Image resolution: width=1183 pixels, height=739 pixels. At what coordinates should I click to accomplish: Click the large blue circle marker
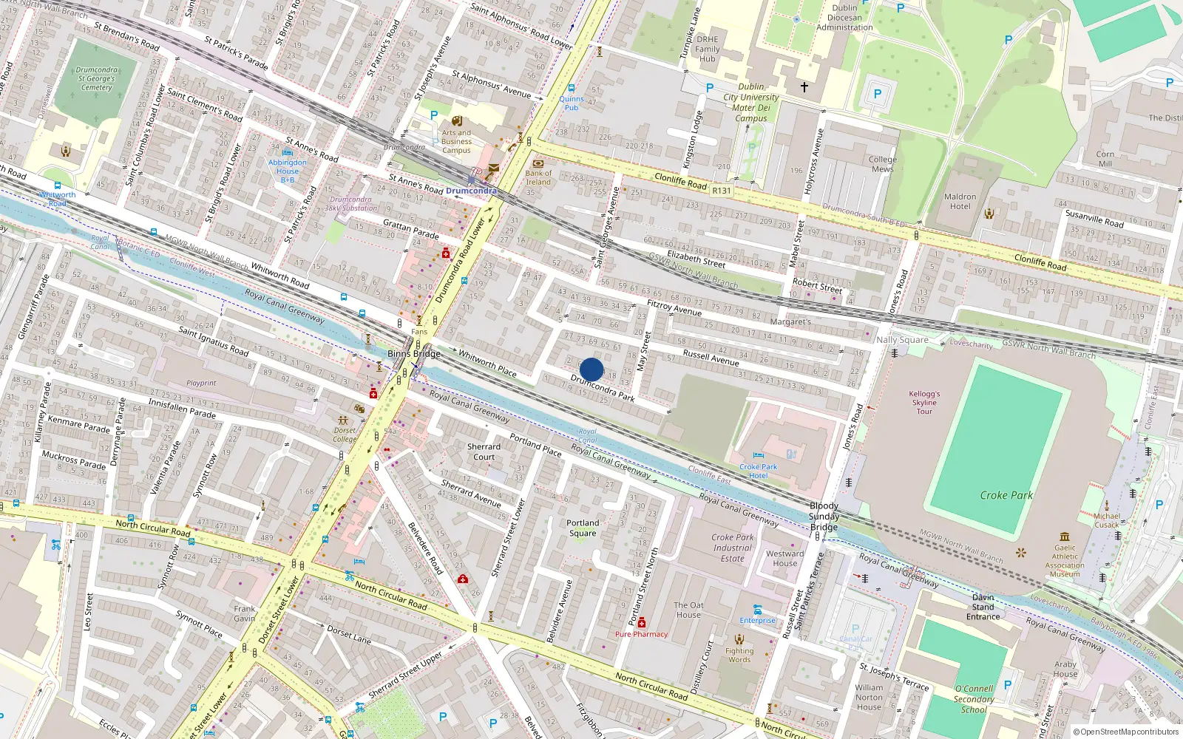point(591,369)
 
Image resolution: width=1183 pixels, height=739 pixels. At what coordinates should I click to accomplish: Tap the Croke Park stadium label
point(1006,495)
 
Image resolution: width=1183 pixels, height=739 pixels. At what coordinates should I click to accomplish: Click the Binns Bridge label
point(413,354)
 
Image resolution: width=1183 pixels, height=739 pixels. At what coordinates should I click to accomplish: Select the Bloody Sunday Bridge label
point(824,517)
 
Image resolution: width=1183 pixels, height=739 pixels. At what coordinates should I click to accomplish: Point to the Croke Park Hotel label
point(758,471)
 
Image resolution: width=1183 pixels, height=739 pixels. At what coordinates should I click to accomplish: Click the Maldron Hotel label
point(960,201)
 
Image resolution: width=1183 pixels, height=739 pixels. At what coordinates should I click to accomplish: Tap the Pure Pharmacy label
point(641,634)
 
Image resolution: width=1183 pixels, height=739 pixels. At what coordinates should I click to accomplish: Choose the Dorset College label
point(345,435)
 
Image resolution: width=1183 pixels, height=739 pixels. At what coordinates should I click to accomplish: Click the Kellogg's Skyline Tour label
point(924,403)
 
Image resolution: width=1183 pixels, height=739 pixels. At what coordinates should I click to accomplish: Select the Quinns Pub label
point(572,103)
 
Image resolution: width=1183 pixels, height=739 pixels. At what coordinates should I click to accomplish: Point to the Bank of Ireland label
point(538,177)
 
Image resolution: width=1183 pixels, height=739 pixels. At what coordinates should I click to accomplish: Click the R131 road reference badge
point(721,191)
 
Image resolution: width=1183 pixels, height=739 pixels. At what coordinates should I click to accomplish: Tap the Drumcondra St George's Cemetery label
point(97,78)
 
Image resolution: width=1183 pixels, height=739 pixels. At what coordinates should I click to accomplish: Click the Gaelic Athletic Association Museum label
point(1065,561)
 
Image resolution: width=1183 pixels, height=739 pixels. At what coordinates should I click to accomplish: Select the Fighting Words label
point(739,655)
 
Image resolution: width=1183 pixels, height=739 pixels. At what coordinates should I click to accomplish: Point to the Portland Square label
point(583,528)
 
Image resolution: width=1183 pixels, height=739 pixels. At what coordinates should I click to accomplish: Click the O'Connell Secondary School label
point(974,699)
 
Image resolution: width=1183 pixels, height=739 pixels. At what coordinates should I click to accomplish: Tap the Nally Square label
point(902,340)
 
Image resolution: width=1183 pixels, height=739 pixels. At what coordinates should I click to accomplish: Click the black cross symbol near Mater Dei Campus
point(804,87)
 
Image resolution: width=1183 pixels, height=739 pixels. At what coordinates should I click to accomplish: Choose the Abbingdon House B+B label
point(288,171)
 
